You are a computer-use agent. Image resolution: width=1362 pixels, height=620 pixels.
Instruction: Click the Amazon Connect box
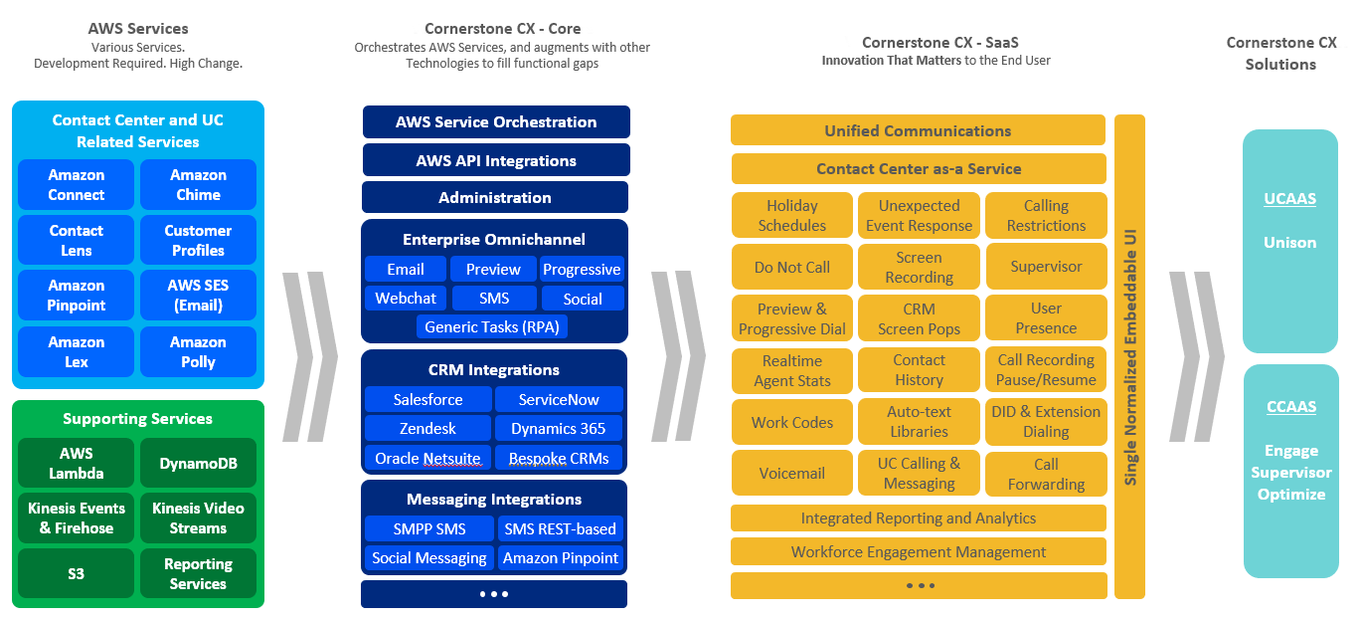coord(76,185)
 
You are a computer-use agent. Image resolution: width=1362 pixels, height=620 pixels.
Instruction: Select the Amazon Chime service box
coord(198,185)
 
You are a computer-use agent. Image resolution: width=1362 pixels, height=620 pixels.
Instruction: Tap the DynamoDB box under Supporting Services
coord(198,463)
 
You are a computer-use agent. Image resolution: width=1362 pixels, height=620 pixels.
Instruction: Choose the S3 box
coord(76,573)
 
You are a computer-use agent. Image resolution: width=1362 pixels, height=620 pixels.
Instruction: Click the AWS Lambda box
coord(76,463)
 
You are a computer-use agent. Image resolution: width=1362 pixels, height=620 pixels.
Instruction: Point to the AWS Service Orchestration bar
coord(496,121)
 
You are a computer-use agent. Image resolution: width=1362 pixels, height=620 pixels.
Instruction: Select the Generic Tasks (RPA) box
coord(492,326)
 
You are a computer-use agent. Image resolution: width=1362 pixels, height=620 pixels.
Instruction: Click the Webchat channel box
coord(406,299)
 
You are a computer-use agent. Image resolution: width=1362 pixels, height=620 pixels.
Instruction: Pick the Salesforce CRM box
coord(428,399)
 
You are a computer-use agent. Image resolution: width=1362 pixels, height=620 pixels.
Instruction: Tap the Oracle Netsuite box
coord(428,458)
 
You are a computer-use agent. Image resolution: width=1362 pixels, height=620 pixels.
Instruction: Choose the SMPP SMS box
coord(429,528)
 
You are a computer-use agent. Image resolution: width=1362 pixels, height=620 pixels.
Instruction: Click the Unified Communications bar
coord(919,130)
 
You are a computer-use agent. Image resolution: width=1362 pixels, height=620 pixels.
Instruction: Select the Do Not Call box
coord(792,267)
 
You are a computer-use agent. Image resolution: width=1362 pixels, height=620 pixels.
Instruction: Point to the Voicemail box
coord(792,473)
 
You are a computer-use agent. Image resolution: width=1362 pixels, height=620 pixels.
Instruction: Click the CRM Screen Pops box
coord(920,318)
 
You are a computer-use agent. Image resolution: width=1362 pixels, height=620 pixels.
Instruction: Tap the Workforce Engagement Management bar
coord(919,552)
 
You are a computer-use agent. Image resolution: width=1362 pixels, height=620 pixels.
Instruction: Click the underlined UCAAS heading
coord(1289,199)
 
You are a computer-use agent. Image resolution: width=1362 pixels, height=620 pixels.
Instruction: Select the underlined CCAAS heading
coord(1291,406)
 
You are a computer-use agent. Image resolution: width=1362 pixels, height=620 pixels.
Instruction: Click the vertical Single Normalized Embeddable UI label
coord(1130,357)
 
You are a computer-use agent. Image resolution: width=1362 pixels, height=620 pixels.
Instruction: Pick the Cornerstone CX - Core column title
coord(503,29)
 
